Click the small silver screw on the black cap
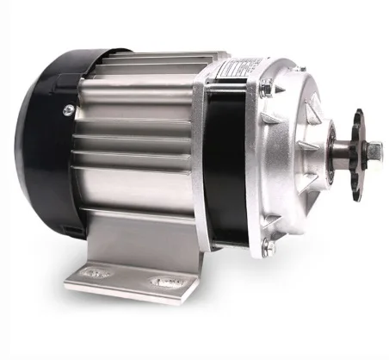[68, 109]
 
